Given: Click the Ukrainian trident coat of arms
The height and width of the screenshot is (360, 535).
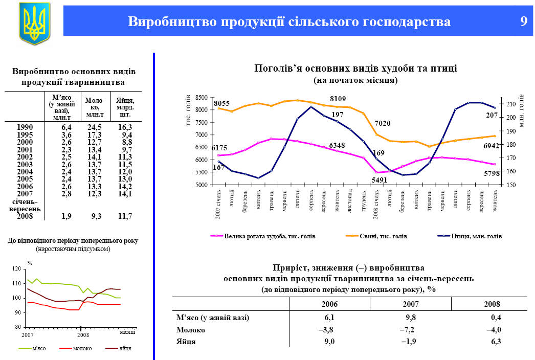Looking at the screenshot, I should click(x=34, y=22).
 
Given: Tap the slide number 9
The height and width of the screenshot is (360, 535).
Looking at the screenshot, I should click(x=523, y=21).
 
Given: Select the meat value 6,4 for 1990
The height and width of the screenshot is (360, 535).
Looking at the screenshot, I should click(x=66, y=127).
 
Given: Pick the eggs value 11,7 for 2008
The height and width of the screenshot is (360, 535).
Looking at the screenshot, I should click(x=124, y=217).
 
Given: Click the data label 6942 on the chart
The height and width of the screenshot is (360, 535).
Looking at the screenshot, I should click(x=490, y=146).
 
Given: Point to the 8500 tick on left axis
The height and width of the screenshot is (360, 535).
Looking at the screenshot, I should click(x=201, y=98).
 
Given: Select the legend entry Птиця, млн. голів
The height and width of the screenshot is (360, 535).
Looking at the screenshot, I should click(x=476, y=236).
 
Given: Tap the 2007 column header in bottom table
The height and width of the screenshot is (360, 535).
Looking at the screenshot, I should click(x=410, y=303).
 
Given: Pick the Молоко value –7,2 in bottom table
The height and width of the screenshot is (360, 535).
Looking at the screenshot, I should click(x=410, y=330).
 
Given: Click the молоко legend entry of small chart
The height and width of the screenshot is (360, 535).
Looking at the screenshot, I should click(x=82, y=348).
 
